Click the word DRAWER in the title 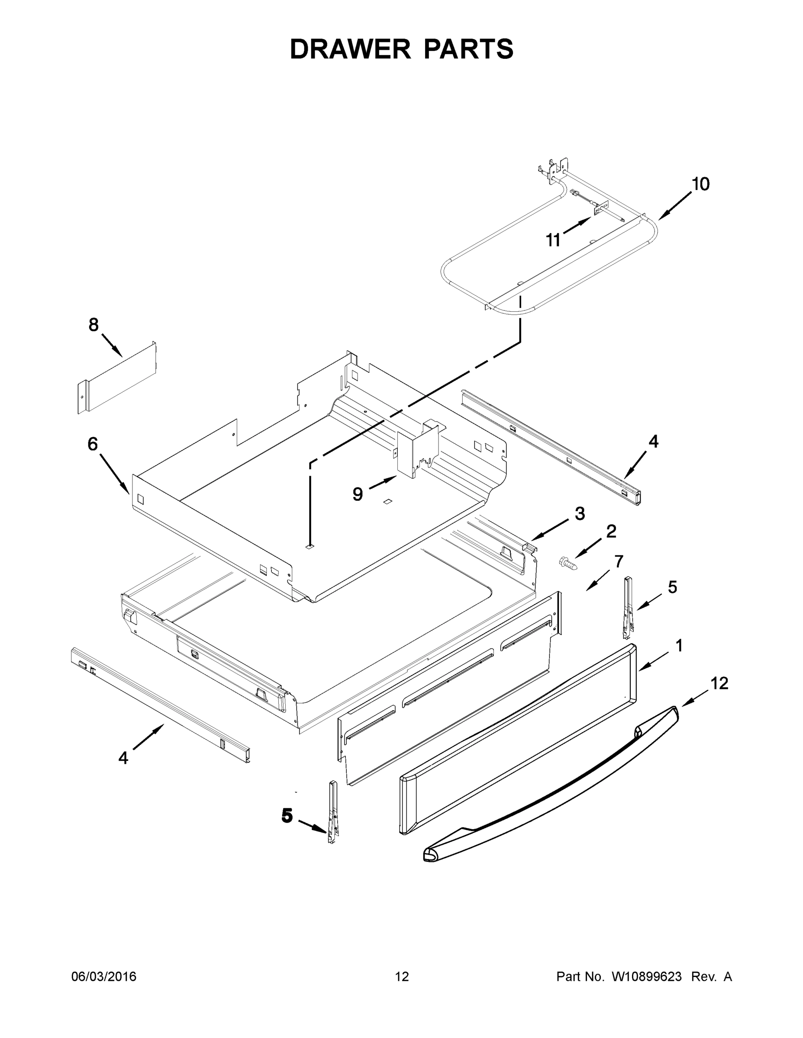click(350, 49)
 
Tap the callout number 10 click(700, 184)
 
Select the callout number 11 click(553, 240)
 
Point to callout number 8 click(94, 325)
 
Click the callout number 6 click(93, 444)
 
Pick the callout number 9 click(358, 494)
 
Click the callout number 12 click(719, 683)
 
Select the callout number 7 click(619, 562)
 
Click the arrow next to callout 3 click(549, 529)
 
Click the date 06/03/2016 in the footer click(104, 977)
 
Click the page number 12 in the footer click(402, 977)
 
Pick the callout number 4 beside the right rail click(654, 442)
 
